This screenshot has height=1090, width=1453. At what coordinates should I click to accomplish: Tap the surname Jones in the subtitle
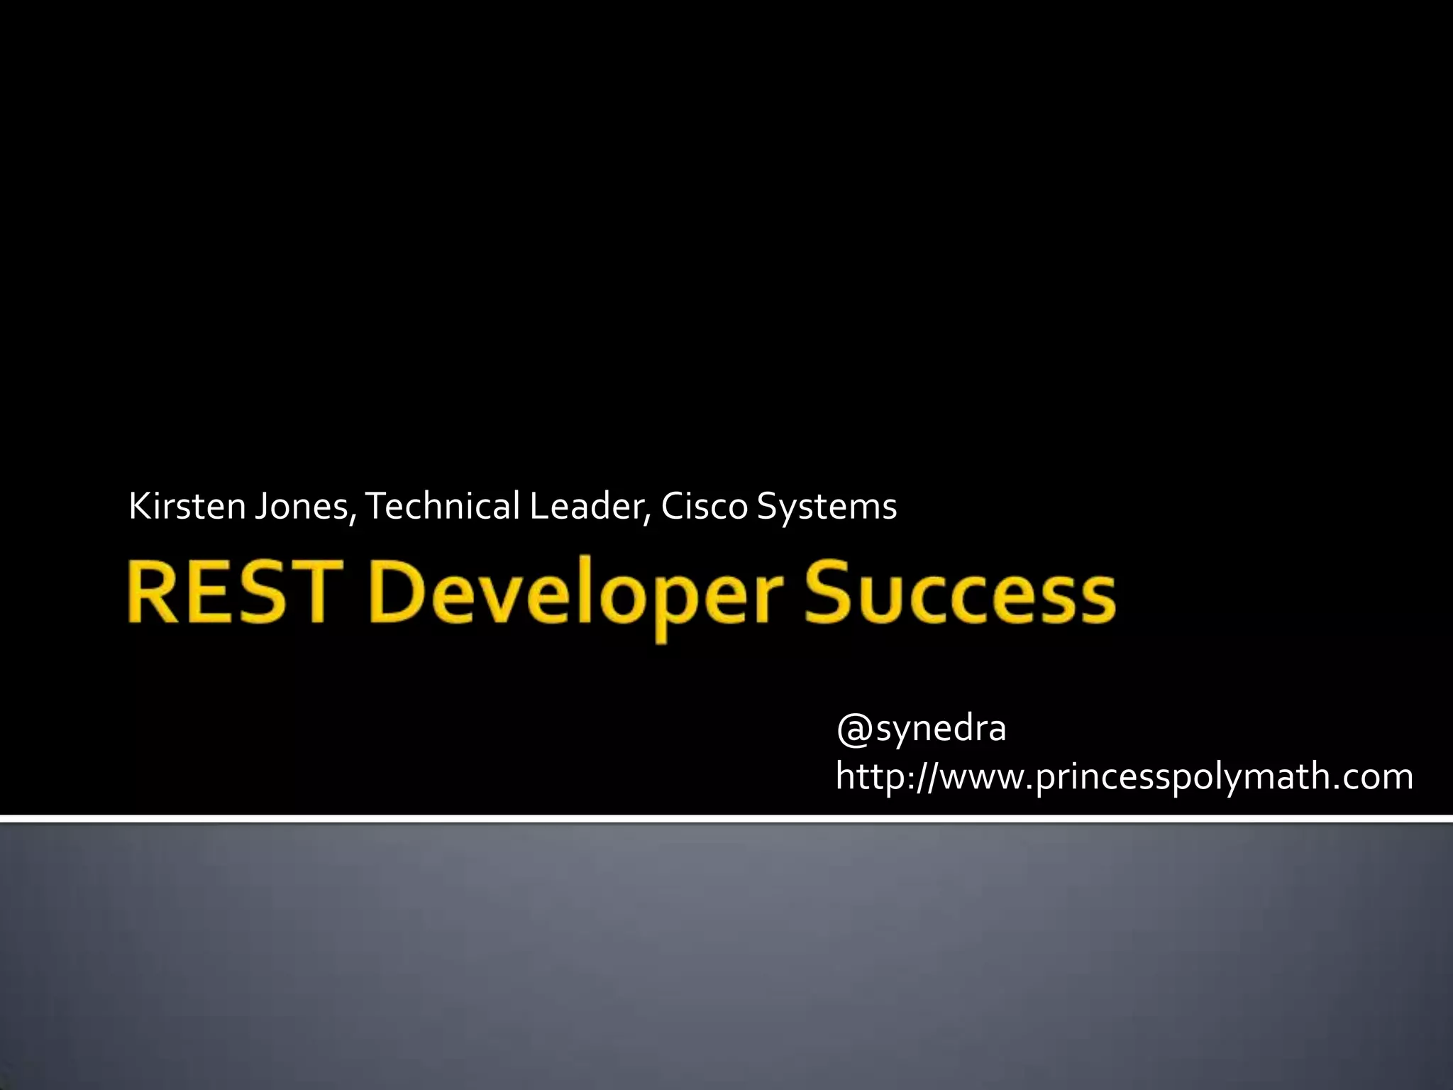(x=301, y=507)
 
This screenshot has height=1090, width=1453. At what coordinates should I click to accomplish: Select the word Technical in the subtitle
(x=441, y=507)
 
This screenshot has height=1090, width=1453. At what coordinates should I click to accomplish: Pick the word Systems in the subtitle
(x=827, y=507)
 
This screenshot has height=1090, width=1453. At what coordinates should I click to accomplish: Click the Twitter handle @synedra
(x=921, y=728)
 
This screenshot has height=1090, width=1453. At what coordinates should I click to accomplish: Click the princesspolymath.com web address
(x=1124, y=776)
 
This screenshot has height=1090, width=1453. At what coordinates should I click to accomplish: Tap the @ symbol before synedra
(x=854, y=730)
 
